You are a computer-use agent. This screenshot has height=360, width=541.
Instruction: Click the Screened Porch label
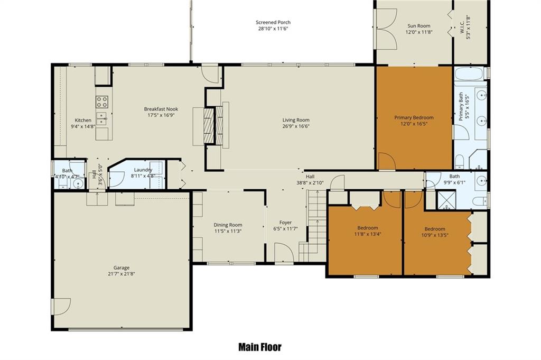[x=273, y=22]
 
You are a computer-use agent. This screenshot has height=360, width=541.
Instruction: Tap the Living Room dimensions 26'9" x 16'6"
[x=296, y=126]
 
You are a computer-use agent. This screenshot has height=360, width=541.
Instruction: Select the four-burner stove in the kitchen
[x=102, y=101]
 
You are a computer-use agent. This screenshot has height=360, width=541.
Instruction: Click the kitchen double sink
[x=102, y=118]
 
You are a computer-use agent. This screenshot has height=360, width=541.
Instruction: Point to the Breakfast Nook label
[x=161, y=109]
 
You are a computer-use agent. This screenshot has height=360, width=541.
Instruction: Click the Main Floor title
[x=260, y=347]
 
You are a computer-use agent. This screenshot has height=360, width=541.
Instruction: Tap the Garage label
[x=122, y=267]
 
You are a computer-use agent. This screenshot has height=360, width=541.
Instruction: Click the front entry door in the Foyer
[x=284, y=252]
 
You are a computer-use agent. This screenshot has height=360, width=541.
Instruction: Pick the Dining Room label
[x=228, y=225]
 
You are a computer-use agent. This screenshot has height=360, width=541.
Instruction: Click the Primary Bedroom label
[x=414, y=118]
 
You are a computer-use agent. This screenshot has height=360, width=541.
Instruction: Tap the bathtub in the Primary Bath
[x=469, y=73]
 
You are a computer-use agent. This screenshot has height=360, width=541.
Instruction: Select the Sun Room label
[x=419, y=26]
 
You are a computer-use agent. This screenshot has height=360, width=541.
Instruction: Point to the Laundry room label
[x=143, y=170]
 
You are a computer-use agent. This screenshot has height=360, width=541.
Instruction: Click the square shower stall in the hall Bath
[x=447, y=200]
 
